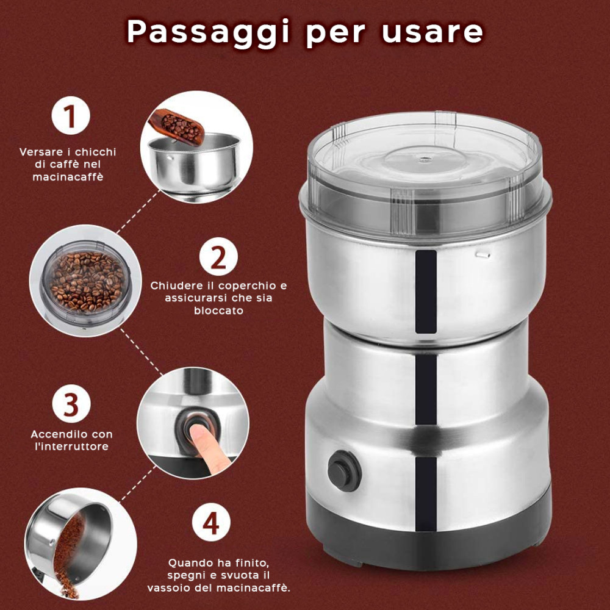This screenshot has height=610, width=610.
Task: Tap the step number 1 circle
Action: [x=71, y=115]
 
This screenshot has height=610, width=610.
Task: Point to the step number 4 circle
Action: [x=211, y=523]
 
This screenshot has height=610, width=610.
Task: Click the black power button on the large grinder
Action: [x=344, y=471]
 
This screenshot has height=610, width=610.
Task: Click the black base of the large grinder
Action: [x=427, y=537]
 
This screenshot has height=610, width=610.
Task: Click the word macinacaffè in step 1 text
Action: [x=67, y=177]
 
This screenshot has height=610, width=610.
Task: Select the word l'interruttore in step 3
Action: [x=71, y=447]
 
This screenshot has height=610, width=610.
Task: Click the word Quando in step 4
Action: [x=188, y=562]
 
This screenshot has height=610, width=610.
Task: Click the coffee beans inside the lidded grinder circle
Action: [x=86, y=281]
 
